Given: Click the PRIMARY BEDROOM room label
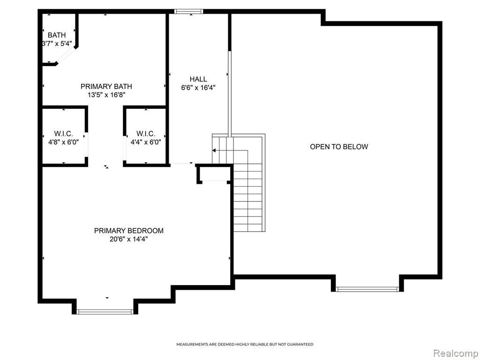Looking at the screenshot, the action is (128, 231).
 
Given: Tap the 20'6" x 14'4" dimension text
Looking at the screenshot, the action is (128, 239).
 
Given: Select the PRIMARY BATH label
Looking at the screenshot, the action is (106, 86).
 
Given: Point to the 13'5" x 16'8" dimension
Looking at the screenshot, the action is (106, 95).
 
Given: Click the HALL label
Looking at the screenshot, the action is (198, 79).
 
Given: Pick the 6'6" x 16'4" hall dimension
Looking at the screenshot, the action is (198, 88).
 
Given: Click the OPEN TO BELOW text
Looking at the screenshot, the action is (339, 147).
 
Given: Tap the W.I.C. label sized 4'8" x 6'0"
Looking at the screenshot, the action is (63, 134).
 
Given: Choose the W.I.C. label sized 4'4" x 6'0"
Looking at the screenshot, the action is (146, 134).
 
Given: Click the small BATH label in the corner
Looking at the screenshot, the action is (57, 35).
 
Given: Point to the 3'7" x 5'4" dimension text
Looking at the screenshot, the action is (57, 44).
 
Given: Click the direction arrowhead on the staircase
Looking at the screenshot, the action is (214, 150).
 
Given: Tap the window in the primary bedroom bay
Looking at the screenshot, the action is (105, 312).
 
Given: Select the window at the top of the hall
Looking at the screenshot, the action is (188, 11).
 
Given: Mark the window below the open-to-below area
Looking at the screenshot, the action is (367, 289).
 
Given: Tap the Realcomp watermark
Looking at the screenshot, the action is (456, 353).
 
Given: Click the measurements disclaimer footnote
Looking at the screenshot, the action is (245, 345).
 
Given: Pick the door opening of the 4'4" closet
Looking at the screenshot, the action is (125, 148).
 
